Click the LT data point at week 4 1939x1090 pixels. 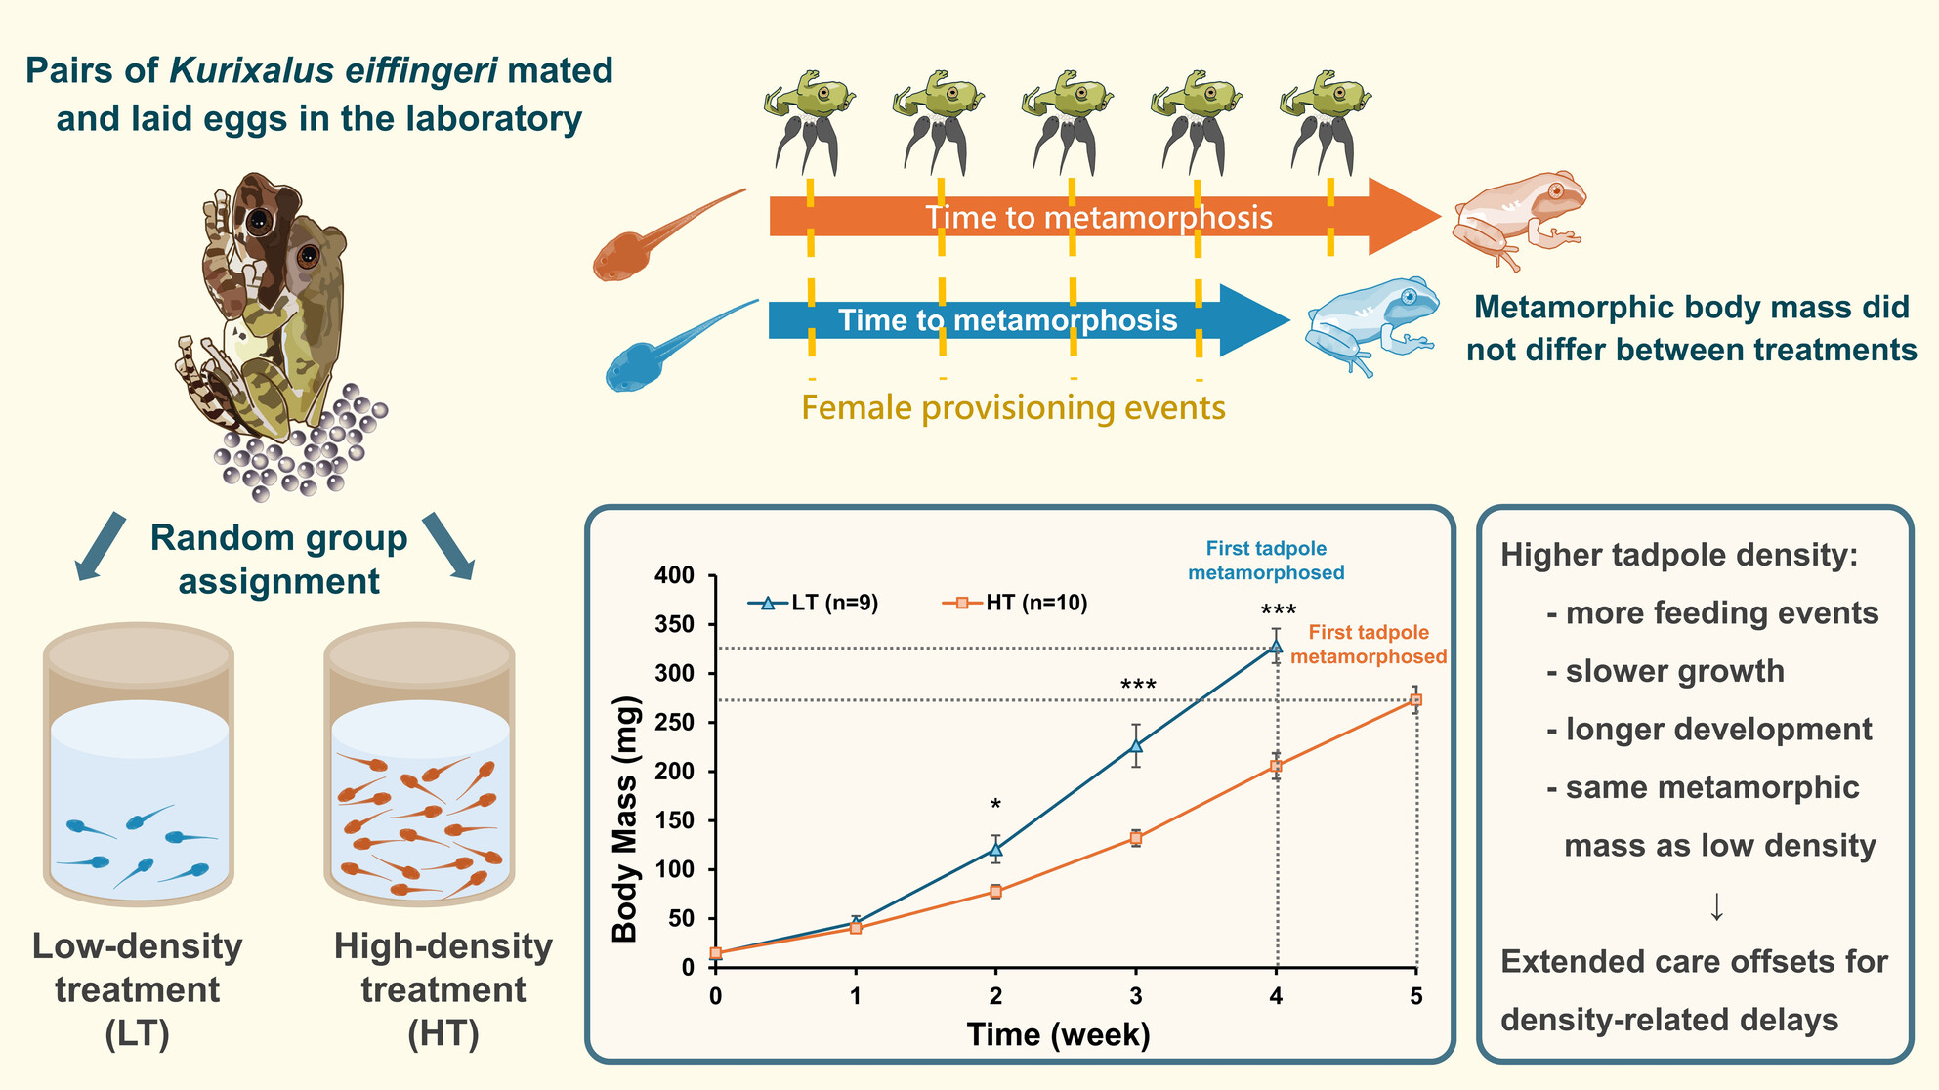click(x=1276, y=646)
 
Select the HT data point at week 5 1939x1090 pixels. click(x=1416, y=700)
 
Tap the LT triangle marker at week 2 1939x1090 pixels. click(x=995, y=850)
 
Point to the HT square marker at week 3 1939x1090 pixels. click(x=1136, y=838)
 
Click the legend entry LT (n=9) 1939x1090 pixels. click(x=814, y=603)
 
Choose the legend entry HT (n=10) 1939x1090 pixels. click(x=1016, y=603)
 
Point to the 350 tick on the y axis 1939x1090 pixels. click(x=674, y=624)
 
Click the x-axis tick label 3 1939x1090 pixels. click(x=1136, y=996)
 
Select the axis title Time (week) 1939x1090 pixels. click(x=1058, y=1034)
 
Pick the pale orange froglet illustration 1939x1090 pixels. click(x=1517, y=217)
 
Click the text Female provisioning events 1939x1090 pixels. click(x=1013, y=407)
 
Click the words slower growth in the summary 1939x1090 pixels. click(x=1674, y=672)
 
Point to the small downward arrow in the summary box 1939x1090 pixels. click(x=1716, y=907)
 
